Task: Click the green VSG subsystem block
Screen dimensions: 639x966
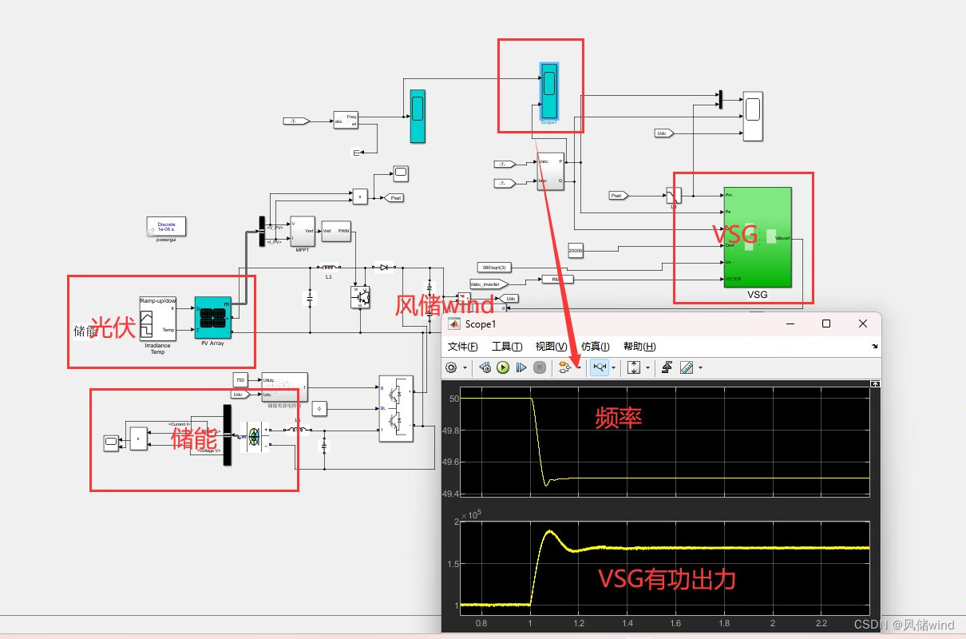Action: coord(757,237)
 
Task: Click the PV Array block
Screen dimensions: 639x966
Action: coord(212,318)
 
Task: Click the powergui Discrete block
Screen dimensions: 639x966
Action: coord(166,226)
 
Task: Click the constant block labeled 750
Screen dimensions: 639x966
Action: coord(241,379)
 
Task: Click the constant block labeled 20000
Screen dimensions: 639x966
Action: coord(576,251)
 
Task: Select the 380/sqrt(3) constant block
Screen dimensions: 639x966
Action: coord(493,267)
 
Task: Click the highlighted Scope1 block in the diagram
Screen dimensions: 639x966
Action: coord(548,90)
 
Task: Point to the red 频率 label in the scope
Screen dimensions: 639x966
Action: coord(618,417)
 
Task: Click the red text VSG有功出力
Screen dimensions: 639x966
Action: coord(667,579)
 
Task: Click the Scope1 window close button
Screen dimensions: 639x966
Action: coord(862,323)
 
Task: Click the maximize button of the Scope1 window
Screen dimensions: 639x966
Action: coord(826,323)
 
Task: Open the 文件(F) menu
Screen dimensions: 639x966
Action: coord(462,346)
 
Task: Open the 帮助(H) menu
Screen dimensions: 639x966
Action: coord(639,346)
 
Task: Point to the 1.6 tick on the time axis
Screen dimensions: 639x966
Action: coord(675,623)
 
